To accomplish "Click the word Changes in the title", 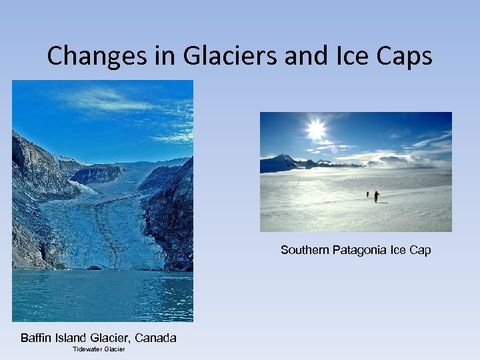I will point(91,56).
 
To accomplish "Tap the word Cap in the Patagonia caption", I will point(420,250).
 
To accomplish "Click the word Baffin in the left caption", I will point(35,338).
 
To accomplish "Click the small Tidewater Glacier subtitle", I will point(99,349).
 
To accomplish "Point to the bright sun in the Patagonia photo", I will point(316,129).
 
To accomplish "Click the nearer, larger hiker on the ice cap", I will point(377,197).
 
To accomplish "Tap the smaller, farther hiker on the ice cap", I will point(367,194).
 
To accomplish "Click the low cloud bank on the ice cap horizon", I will point(400,162).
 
